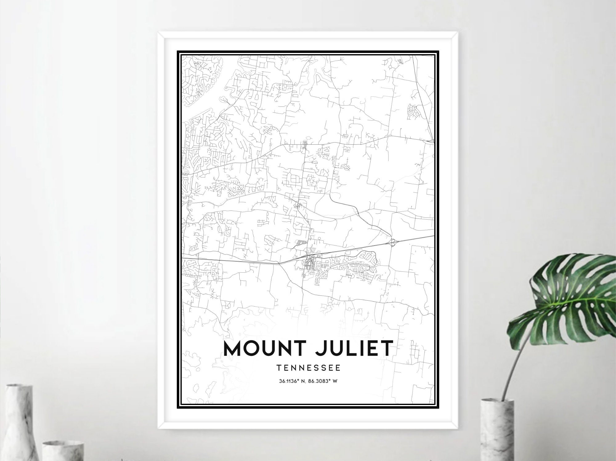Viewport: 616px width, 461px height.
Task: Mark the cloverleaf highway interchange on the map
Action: (x=393, y=243)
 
